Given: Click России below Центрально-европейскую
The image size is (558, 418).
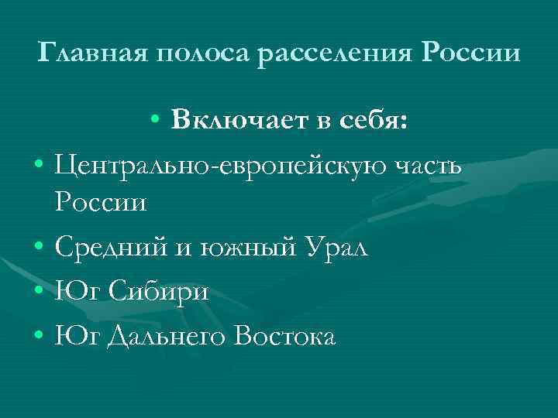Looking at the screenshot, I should pos(100,204).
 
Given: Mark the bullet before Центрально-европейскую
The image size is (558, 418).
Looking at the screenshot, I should pos(38,164).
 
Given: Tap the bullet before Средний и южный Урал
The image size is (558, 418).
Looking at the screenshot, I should pos(38,248).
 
